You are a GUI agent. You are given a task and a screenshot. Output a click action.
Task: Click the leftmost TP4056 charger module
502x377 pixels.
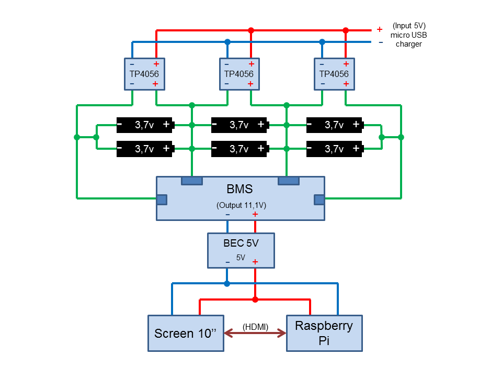pos(144,74)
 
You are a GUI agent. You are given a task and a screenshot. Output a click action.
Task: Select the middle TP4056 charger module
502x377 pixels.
pos(238,74)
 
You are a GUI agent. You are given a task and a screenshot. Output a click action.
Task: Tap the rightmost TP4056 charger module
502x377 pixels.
pos(334,74)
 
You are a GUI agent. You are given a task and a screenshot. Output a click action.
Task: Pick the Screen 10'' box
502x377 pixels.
pos(186,333)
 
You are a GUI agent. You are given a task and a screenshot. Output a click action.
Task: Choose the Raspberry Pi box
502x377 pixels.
pos(324,333)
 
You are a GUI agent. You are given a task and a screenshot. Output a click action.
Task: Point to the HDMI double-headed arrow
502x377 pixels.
pos(255,333)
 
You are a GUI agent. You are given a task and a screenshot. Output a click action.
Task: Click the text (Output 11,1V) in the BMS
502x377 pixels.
pos(241,206)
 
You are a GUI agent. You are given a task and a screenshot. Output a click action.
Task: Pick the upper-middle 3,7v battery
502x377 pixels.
pos(239,125)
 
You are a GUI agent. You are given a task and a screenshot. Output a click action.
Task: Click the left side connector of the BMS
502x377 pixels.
pos(162,199)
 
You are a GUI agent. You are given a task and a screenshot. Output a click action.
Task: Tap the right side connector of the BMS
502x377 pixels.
pos(319,199)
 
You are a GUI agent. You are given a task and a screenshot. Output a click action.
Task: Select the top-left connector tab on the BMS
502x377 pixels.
pos(192,181)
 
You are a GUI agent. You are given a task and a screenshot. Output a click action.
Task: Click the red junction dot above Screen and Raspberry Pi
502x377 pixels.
pos(255,300)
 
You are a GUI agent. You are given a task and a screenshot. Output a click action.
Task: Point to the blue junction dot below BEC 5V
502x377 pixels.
pos(226,283)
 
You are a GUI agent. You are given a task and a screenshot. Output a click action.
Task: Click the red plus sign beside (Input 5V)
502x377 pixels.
pos(380,29)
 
